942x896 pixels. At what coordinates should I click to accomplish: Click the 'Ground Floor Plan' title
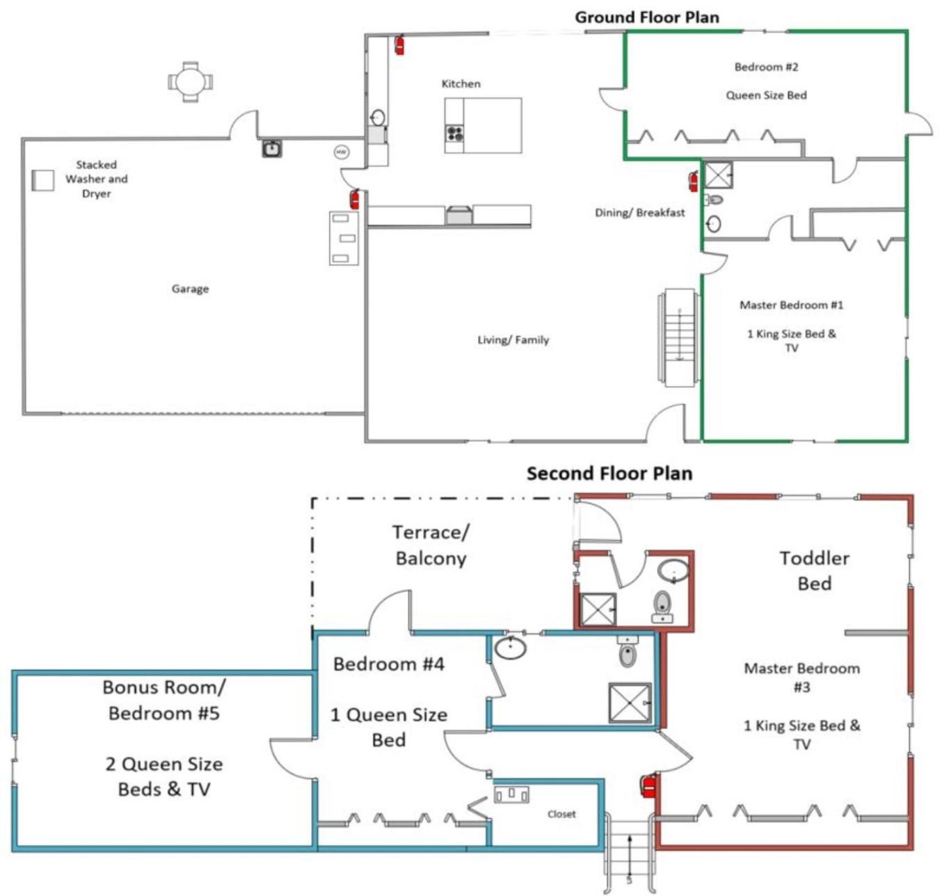(x=646, y=17)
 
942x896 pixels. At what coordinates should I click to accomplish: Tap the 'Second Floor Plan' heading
(x=609, y=474)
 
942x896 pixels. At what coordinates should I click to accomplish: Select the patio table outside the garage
(x=190, y=82)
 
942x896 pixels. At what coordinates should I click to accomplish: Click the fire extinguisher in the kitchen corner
(x=399, y=45)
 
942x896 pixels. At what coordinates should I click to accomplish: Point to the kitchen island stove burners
(x=454, y=133)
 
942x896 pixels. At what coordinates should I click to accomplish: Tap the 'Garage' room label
(x=190, y=289)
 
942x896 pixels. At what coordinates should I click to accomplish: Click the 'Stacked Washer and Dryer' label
(x=96, y=179)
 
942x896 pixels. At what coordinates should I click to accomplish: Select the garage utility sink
(x=271, y=149)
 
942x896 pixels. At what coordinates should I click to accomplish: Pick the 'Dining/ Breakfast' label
(x=639, y=213)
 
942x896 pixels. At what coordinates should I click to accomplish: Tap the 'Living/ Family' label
(x=513, y=339)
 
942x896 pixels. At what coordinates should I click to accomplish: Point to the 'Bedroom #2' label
(x=766, y=67)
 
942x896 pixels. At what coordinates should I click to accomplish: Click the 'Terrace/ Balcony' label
(x=431, y=545)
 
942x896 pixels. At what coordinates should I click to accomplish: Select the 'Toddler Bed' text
(x=814, y=570)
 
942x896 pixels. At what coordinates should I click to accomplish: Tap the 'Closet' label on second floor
(x=561, y=814)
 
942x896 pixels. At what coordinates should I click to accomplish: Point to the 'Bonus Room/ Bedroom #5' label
(x=164, y=700)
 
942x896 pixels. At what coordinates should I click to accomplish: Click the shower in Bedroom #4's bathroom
(x=630, y=703)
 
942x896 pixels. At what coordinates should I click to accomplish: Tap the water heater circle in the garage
(x=341, y=152)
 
